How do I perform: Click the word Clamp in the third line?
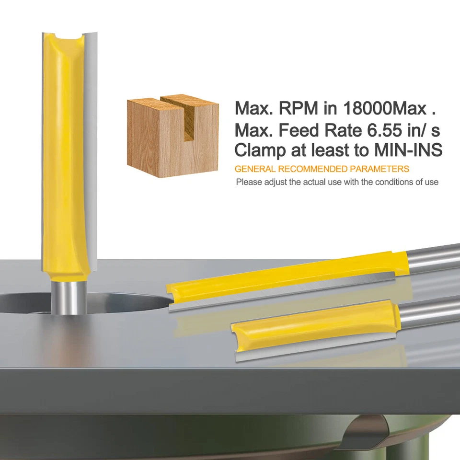point(259,150)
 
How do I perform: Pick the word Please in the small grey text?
point(247,182)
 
